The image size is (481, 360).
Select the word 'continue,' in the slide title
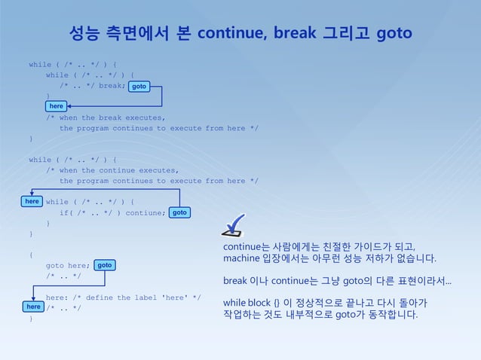230,34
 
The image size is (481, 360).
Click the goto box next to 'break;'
139,87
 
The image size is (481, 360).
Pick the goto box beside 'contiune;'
179,213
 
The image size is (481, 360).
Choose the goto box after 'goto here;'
105,265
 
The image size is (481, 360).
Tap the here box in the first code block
57,106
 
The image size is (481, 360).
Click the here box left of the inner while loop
32,202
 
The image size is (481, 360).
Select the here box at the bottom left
33,307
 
